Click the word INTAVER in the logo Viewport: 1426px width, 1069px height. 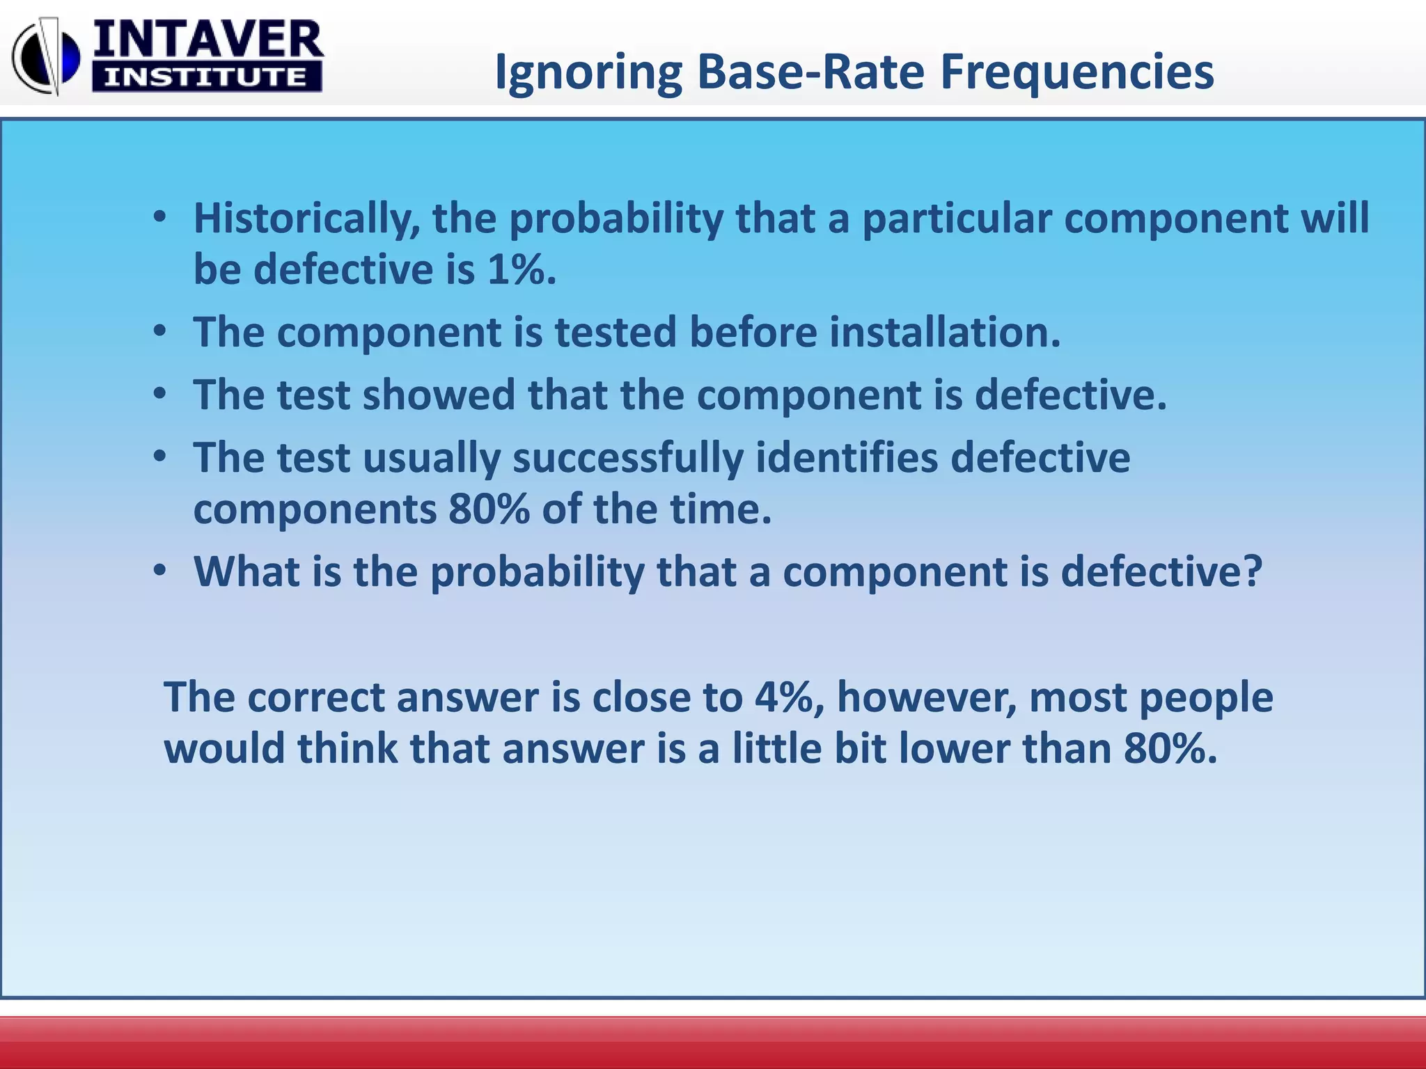pos(207,40)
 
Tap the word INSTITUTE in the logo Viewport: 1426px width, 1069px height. pos(206,77)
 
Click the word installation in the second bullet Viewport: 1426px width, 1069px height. pos(943,332)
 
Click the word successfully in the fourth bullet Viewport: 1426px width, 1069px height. pos(627,459)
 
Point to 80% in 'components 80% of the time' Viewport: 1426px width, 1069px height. pos(489,509)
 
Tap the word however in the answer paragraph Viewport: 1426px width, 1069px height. pos(926,697)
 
